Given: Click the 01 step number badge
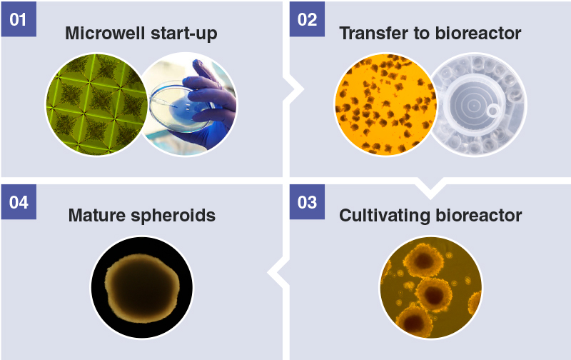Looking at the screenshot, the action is click(x=19, y=19).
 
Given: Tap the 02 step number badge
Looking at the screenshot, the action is click(x=307, y=19).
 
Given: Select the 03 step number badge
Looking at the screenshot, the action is click(x=307, y=202).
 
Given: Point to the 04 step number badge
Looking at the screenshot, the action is click(x=19, y=202).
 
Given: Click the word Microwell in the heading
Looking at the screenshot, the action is click(x=106, y=33).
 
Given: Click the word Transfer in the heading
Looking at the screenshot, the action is click(x=373, y=33).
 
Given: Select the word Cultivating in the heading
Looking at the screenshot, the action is click(x=385, y=216).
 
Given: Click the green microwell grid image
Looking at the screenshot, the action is click(x=96, y=104).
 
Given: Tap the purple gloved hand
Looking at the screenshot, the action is click(x=211, y=102).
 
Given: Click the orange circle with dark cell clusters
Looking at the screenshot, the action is click(x=385, y=104).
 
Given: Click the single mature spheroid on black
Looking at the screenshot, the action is click(x=142, y=288).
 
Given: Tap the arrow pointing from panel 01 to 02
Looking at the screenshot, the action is click(x=293, y=89).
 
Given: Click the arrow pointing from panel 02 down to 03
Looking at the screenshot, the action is click(x=430, y=189).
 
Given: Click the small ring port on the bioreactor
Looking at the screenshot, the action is click(x=493, y=111).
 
